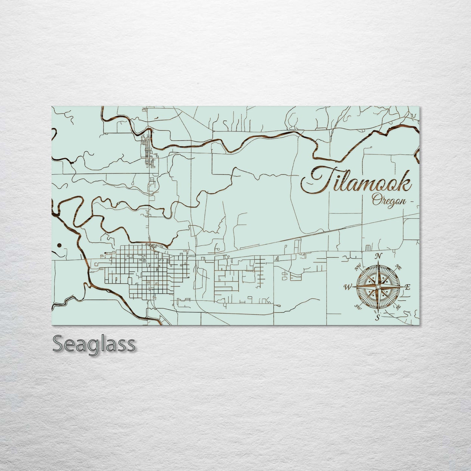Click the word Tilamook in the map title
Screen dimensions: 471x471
click(355, 181)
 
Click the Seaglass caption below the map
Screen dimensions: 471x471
click(93, 344)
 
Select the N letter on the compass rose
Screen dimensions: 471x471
click(378, 256)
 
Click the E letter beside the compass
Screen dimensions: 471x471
click(407, 287)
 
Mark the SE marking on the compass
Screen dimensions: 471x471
click(398, 307)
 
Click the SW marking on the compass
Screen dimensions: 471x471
click(358, 307)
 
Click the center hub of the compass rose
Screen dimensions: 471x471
click(377, 287)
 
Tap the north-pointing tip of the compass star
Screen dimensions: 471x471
click(378, 262)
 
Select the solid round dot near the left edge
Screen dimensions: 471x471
click(59, 245)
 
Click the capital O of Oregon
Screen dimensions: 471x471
click(375, 199)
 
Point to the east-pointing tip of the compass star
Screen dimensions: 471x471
click(402, 287)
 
